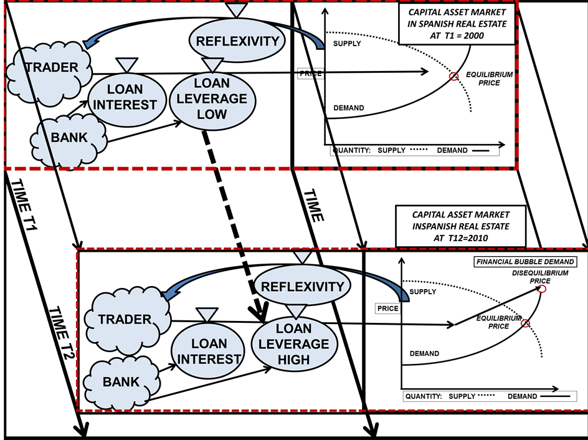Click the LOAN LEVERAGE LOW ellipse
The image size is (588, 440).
211,99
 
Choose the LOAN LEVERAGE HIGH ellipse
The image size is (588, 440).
294,343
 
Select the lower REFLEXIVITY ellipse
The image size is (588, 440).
302,287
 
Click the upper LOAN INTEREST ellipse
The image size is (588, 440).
125,97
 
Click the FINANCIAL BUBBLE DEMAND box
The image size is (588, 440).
524,262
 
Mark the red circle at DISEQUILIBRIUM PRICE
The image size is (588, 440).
542,289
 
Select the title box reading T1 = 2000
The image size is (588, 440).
456,24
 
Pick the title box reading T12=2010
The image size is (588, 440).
460,227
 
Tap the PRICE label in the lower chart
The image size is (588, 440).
387,308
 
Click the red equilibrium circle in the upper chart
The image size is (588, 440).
453,77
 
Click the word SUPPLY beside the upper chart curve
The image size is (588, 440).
347,44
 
